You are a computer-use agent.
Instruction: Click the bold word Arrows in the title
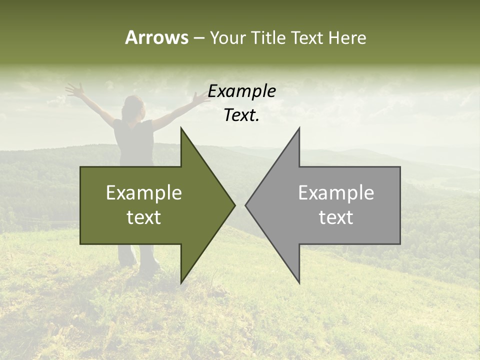(x=156, y=37)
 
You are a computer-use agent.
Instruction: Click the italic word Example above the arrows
(x=241, y=91)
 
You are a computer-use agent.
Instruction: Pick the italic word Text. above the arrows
(x=241, y=115)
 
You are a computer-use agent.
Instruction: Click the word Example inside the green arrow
(x=144, y=192)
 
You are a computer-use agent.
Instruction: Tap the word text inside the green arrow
(x=144, y=217)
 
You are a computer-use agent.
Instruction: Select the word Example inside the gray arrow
(x=336, y=192)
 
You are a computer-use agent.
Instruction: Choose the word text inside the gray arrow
(x=336, y=217)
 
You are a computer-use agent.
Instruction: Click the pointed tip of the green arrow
(x=234, y=205)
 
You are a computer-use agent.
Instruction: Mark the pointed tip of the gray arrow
(x=246, y=205)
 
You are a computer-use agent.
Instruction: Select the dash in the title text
(x=198, y=38)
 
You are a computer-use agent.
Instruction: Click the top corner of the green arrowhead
(x=181, y=129)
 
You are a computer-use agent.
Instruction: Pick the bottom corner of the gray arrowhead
(x=299, y=282)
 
